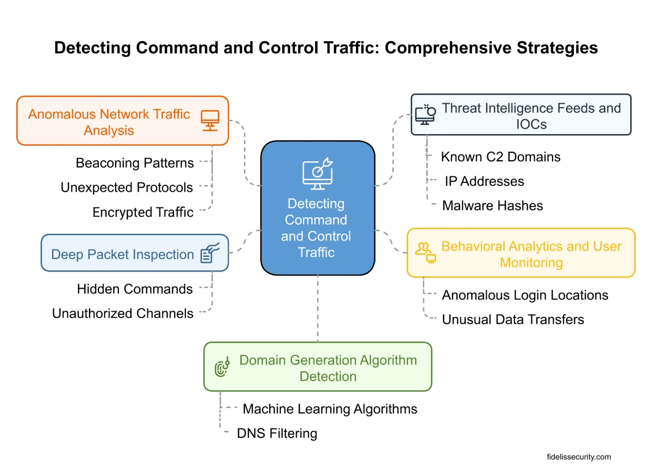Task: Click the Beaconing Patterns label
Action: pyautogui.click(x=135, y=163)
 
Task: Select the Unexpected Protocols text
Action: pyautogui.click(x=127, y=188)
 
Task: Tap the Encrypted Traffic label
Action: pyautogui.click(x=143, y=212)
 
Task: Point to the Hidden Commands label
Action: pyautogui.click(x=135, y=289)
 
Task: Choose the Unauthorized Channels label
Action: pyautogui.click(x=123, y=313)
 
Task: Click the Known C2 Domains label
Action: pyautogui.click(x=500, y=157)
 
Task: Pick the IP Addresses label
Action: pyautogui.click(x=484, y=181)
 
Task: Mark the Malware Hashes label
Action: pyautogui.click(x=492, y=206)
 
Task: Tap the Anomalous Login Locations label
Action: pyautogui.click(x=525, y=295)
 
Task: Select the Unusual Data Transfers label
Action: pyautogui.click(x=513, y=319)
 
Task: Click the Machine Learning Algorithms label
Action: pyautogui.click(x=330, y=409)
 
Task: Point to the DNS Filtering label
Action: pyautogui.click(x=277, y=433)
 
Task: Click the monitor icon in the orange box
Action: pyautogui.click(x=210, y=121)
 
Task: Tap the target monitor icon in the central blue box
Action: pyautogui.click(x=317, y=173)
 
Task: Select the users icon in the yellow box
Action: pyautogui.click(x=425, y=251)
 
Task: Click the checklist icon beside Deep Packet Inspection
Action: pyautogui.click(x=209, y=253)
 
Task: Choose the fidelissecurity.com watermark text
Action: pyautogui.click(x=579, y=457)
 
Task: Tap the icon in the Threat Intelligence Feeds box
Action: pyautogui.click(x=425, y=115)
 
